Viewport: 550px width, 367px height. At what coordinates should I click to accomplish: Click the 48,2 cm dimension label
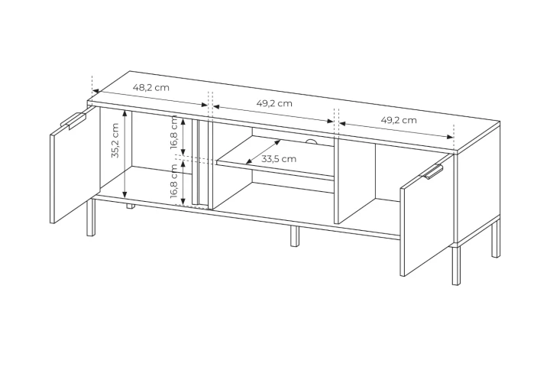click(150, 87)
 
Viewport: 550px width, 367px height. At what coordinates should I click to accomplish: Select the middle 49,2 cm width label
click(274, 103)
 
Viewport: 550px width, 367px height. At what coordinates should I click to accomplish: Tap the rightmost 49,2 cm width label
click(399, 120)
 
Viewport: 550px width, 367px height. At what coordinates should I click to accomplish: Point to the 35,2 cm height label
click(115, 141)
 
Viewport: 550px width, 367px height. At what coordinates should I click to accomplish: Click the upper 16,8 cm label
click(174, 133)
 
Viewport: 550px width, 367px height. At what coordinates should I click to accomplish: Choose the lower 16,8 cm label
click(174, 181)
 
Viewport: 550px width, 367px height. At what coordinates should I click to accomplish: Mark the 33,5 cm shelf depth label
click(279, 159)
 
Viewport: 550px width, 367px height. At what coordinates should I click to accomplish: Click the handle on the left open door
click(74, 120)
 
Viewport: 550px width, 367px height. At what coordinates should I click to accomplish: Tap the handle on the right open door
click(434, 172)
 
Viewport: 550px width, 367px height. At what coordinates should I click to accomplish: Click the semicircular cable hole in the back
click(311, 141)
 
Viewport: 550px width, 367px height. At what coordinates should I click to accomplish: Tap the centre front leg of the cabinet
click(296, 236)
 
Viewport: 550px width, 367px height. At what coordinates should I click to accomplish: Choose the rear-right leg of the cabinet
click(496, 239)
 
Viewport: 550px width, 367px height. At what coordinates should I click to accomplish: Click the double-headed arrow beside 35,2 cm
click(125, 154)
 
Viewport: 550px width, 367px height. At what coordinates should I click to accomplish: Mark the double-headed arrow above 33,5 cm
click(263, 151)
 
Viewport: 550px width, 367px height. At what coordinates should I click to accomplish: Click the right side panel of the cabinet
click(477, 183)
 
